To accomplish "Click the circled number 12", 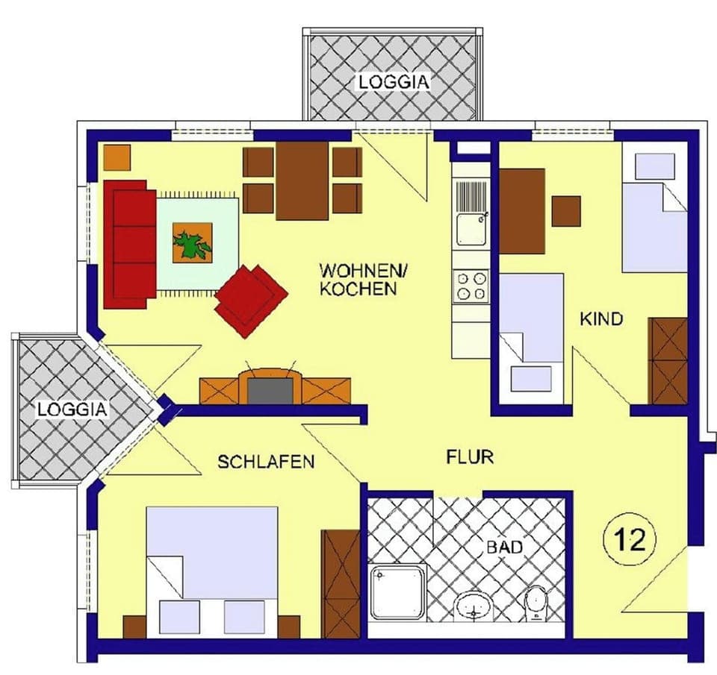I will pyautogui.click(x=629, y=539).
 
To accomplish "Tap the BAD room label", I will pyautogui.click(x=505, y=547).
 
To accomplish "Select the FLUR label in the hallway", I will pyautogui.click(x=470, y=456).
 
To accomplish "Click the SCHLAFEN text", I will pyautogui.click(x=265, y=462).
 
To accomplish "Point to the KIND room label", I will pyautogui.click(x=601, y=319).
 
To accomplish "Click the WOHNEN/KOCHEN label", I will pyautogui.click(x=358, y=279).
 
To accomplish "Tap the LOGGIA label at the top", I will pyautogui.click(x=394, y=82).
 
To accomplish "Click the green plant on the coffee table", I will pyautogui.click(x=193, y=244).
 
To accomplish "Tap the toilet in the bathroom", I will pyautogui.click(x=536, y=604).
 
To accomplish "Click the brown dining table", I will pyautogui.click(x=302, y=180).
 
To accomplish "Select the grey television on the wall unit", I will pyautogui.click(x=270, y=389).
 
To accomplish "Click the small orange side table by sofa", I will pyautogui.click(x=117, y=156).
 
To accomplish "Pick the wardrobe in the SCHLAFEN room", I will pyautogui.click(x=341, y=583).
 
